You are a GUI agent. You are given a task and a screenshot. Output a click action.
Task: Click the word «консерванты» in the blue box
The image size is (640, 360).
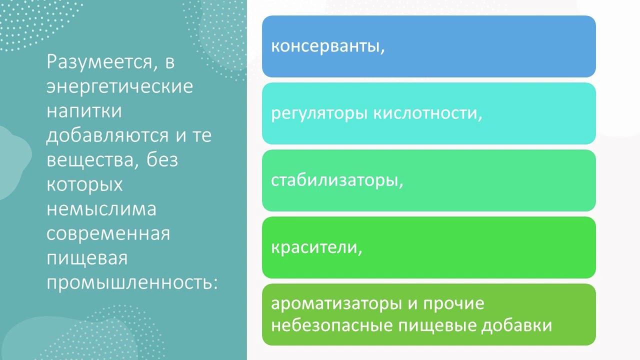click(x=326, y=46)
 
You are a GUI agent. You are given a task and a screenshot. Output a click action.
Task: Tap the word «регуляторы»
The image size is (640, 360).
click(x=320, y=114)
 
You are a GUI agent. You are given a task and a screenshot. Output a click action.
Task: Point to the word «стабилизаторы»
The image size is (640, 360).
click(x=336, y=180)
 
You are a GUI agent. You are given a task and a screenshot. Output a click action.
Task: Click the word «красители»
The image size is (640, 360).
click(x=315, y=247)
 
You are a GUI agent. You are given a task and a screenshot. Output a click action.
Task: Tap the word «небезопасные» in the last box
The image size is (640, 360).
click(x=331, y=325)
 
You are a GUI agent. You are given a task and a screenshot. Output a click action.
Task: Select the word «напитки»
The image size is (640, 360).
click(x=84, y=111)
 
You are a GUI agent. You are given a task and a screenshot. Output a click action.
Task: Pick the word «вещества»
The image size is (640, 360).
click(x=87, y=160)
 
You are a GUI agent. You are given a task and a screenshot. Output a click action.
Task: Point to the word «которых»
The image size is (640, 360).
click(x=84, y=184)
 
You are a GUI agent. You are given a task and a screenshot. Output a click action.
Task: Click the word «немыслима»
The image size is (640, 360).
click(x=101, y=208)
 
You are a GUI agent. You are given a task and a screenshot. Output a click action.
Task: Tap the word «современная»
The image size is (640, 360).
click(x=108, y=233)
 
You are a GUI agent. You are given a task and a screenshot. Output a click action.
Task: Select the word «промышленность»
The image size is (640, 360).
click(x=132, y=282)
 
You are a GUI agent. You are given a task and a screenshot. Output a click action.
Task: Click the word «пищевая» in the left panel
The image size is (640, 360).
click(x=87, y=258)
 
